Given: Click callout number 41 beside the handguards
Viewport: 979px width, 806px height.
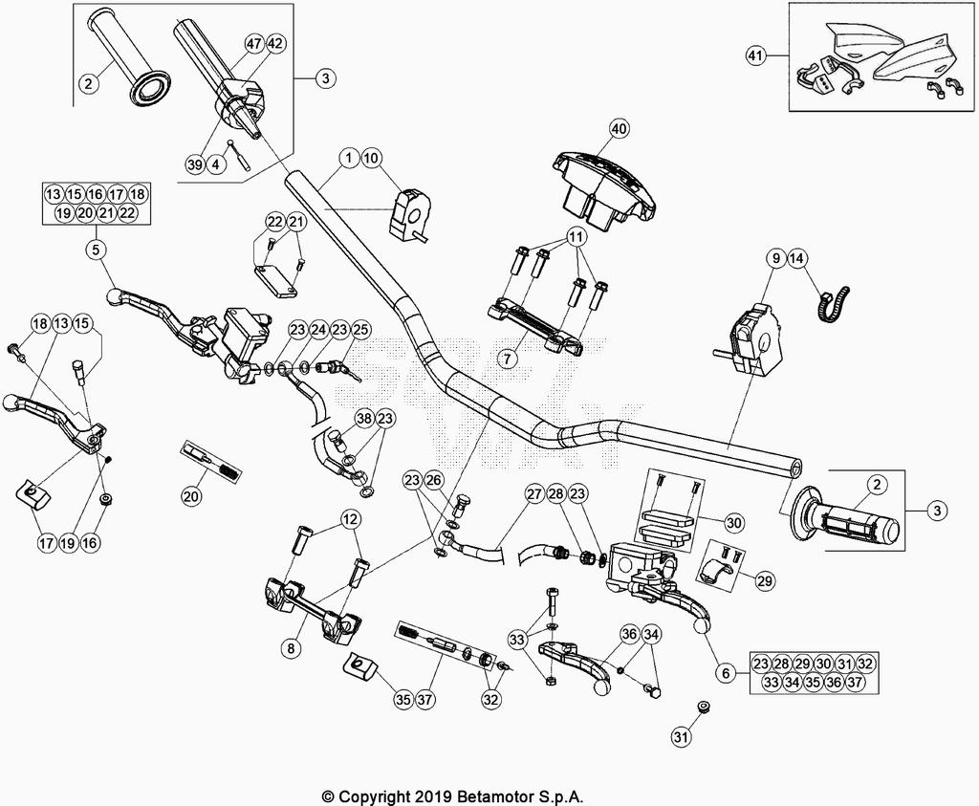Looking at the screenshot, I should tap(756, 56).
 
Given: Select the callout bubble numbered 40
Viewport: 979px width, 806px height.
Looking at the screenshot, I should tap(619, 128).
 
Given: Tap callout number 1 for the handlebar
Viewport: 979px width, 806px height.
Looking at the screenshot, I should tap(348, 157).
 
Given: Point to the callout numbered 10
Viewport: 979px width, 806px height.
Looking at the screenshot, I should tap(371, 157).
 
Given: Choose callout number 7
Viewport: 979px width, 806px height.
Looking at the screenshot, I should tap(509, 359).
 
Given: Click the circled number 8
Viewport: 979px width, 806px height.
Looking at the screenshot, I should tap(291, 648).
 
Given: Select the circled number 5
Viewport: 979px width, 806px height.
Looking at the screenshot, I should tap(96, 251).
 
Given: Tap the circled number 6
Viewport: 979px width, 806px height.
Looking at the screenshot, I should tap(727, 673).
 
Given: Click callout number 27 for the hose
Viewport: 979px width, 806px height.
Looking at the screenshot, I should tap(533, 494).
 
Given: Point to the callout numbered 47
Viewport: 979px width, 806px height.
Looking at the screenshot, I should tap(253, 44).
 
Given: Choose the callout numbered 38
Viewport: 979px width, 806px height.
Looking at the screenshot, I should tap(363, 418).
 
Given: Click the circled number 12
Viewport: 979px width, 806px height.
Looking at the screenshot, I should tap(350, 519).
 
